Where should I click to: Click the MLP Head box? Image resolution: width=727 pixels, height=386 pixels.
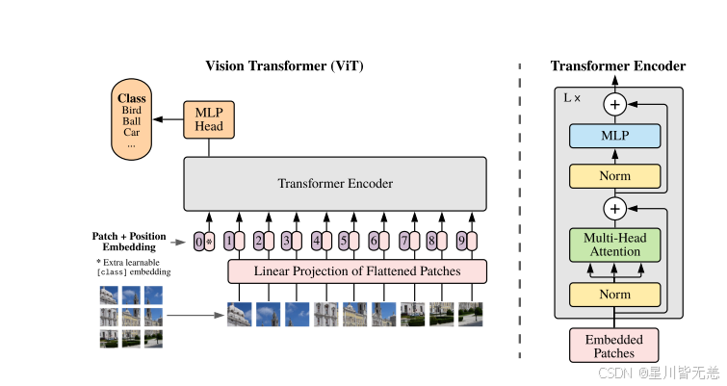point(209,119)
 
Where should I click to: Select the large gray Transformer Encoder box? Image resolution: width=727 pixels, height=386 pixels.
point(335,183)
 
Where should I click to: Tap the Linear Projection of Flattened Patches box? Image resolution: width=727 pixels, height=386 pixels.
point(357,271)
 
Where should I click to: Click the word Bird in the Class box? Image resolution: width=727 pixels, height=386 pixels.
point(132,111)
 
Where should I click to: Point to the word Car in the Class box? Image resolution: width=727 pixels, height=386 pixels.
point(132,133)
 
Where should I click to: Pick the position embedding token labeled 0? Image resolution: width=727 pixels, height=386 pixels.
point(198,242)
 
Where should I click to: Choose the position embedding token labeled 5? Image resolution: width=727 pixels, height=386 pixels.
point(343,242)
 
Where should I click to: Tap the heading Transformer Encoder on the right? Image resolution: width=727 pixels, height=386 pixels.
point(618,66)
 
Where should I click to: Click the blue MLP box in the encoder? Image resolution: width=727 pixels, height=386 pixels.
point(614,136)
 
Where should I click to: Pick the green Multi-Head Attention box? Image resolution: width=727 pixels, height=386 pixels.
point(614,244)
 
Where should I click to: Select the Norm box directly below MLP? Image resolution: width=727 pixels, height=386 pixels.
point(614,176)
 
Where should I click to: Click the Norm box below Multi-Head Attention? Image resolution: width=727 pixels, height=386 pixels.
point(614,295)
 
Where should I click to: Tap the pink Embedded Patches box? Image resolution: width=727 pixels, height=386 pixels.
point(614,346)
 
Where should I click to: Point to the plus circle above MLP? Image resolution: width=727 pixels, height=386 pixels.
point(614,104)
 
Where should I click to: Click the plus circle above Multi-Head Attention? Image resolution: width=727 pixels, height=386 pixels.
point(614,207)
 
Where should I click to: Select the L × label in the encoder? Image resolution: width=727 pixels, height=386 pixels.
point(572,97)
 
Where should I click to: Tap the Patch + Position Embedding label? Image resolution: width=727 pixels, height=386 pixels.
point(129,242)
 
